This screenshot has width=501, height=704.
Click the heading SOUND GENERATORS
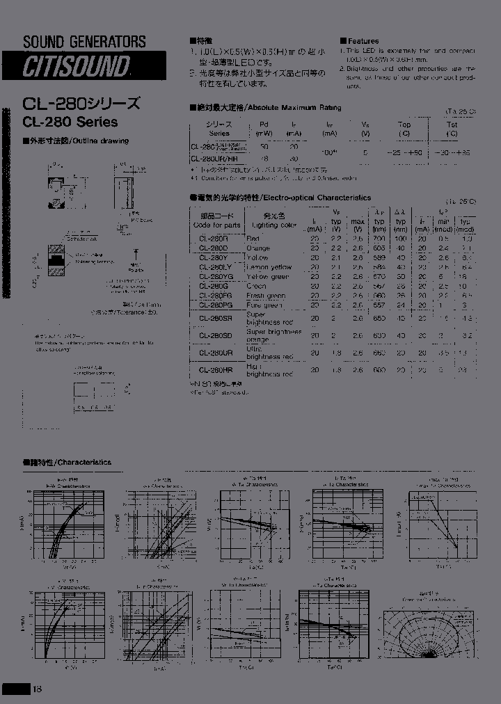(x=84, y=42)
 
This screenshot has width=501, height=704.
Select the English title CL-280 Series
(x=70, y=122)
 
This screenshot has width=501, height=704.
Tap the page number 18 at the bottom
(x=37, y=689)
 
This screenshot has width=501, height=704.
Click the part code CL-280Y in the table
(x=214, y=257)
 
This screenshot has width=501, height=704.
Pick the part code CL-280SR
(x=214, y=318)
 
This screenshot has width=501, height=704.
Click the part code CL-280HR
(x=214, y=370)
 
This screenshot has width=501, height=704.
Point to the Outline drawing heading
(x=77, y=141)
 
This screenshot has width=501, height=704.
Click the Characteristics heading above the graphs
(x=67, y=462)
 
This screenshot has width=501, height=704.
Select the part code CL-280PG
(x=214, y=305)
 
